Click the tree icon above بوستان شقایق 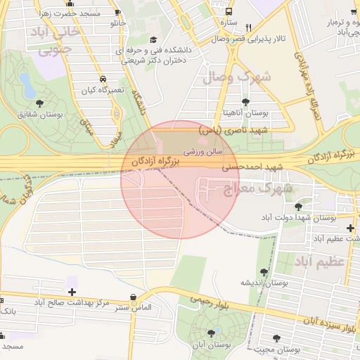39,103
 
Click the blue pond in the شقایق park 27,86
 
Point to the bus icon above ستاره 229,12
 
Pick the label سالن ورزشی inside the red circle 203,150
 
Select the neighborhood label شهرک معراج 257,188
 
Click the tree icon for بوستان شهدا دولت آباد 299,207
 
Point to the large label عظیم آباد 321,262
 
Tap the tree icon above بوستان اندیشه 264,271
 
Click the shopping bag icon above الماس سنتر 134,297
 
